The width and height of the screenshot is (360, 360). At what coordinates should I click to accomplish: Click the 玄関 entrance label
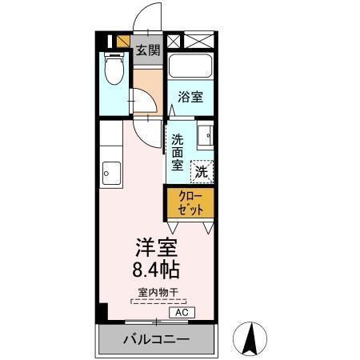click(146, 50)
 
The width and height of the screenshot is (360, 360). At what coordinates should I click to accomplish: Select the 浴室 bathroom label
click(190, 97)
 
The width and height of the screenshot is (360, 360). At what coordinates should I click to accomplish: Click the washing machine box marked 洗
click(202, 170)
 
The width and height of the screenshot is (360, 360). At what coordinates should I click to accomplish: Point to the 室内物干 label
click(158, 292)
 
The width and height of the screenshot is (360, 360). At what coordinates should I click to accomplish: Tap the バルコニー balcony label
click(156, 340)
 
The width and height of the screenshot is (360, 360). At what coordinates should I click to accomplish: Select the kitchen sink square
click(110, 171)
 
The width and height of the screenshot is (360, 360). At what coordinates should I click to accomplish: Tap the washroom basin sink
click(206, 137)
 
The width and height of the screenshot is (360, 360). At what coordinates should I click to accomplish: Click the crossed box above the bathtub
click(198, 41)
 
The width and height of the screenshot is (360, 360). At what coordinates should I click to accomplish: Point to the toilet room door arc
click(142, 105)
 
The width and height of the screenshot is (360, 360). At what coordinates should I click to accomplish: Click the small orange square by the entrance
click(124, 42)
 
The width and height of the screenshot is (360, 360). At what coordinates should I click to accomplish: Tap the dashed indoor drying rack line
click(158, 302)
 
